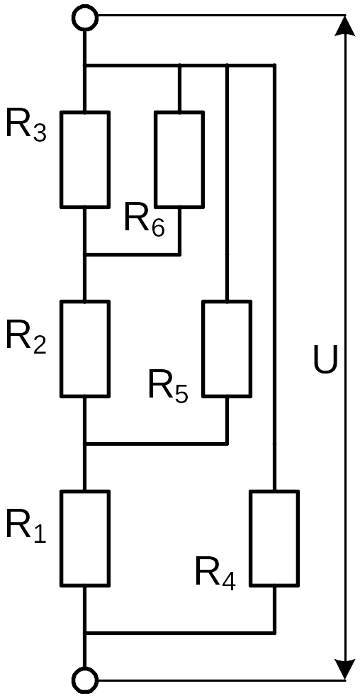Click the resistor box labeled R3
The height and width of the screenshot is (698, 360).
tap(85, 160)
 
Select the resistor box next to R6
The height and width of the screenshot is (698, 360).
tap(179, 160)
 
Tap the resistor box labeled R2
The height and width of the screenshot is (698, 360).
tap(85, 349)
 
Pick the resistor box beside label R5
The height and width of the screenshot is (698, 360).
tap(227, 349)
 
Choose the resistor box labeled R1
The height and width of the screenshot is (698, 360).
tap(85, 538)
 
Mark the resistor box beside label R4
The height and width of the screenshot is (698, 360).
tap(274, 538)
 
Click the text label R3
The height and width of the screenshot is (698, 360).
tap(26, 127)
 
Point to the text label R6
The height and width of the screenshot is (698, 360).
tap(145, 219)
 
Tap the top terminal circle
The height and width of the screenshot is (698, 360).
tap(84, 17)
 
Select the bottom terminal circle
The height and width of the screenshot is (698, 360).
tap(84, 680)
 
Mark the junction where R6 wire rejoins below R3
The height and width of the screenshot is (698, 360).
tap(85, 254)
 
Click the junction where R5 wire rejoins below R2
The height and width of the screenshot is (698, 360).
tap(85, 444)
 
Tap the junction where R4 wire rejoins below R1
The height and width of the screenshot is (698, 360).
tap(85, 633)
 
